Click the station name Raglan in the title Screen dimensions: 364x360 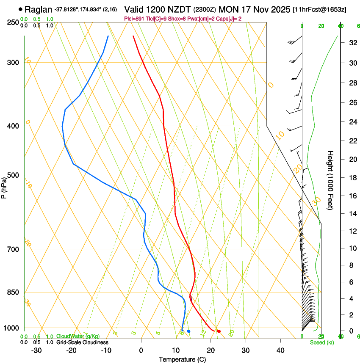click(39, 9)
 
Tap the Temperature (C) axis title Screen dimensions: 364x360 click(182, 359)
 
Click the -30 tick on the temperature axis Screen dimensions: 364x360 click(36, 350)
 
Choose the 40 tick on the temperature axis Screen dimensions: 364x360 click(280, 350)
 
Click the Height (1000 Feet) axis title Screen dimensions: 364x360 click(330, 180)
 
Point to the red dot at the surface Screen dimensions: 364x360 click(219, 331)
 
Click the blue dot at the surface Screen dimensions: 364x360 click(188, 331)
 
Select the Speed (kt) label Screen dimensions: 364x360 click(321, 342)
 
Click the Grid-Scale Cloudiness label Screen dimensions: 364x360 click(82, 342)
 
